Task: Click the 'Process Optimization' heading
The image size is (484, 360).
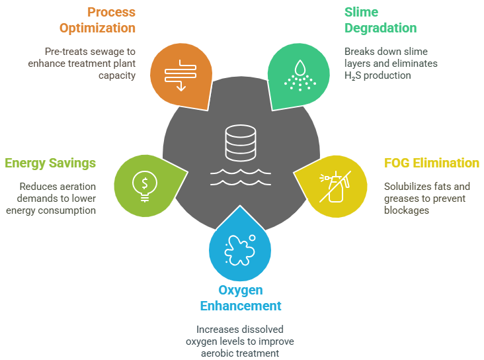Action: pos(97,20)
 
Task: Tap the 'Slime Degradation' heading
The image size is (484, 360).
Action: pos(380,20)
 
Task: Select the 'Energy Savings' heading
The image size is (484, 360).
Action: pos(50,163)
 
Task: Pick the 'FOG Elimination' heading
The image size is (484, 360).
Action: pos(432,163)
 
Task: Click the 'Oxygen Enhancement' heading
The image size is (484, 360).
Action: pos(241,298)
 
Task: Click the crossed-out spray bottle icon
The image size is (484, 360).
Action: pos(335,187)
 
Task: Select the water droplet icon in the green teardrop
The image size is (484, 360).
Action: pos(300,75)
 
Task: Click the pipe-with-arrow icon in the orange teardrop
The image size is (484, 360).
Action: pos(181,75)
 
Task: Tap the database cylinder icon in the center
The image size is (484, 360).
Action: pos(241,143)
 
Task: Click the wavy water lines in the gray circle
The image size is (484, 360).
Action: pos(241,177)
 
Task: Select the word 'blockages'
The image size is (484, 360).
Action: pos(407,210)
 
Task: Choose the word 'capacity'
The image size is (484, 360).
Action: pos(117,75)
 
